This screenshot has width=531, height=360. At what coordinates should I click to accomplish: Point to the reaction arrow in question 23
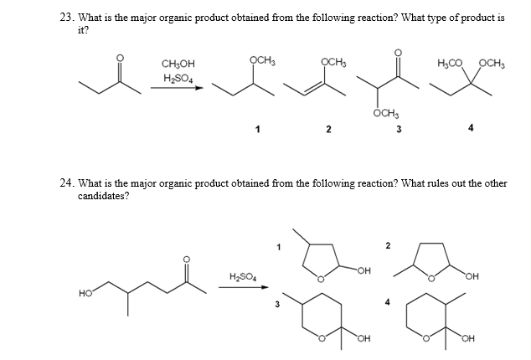point(176,88)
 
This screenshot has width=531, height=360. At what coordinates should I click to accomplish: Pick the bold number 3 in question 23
point(399,129)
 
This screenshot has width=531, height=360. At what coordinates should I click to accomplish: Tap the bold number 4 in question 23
point(472,129)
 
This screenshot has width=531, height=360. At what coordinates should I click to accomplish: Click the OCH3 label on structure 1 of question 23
point(263,59)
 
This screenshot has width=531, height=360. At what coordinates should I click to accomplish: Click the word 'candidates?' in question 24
point(101,195)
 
